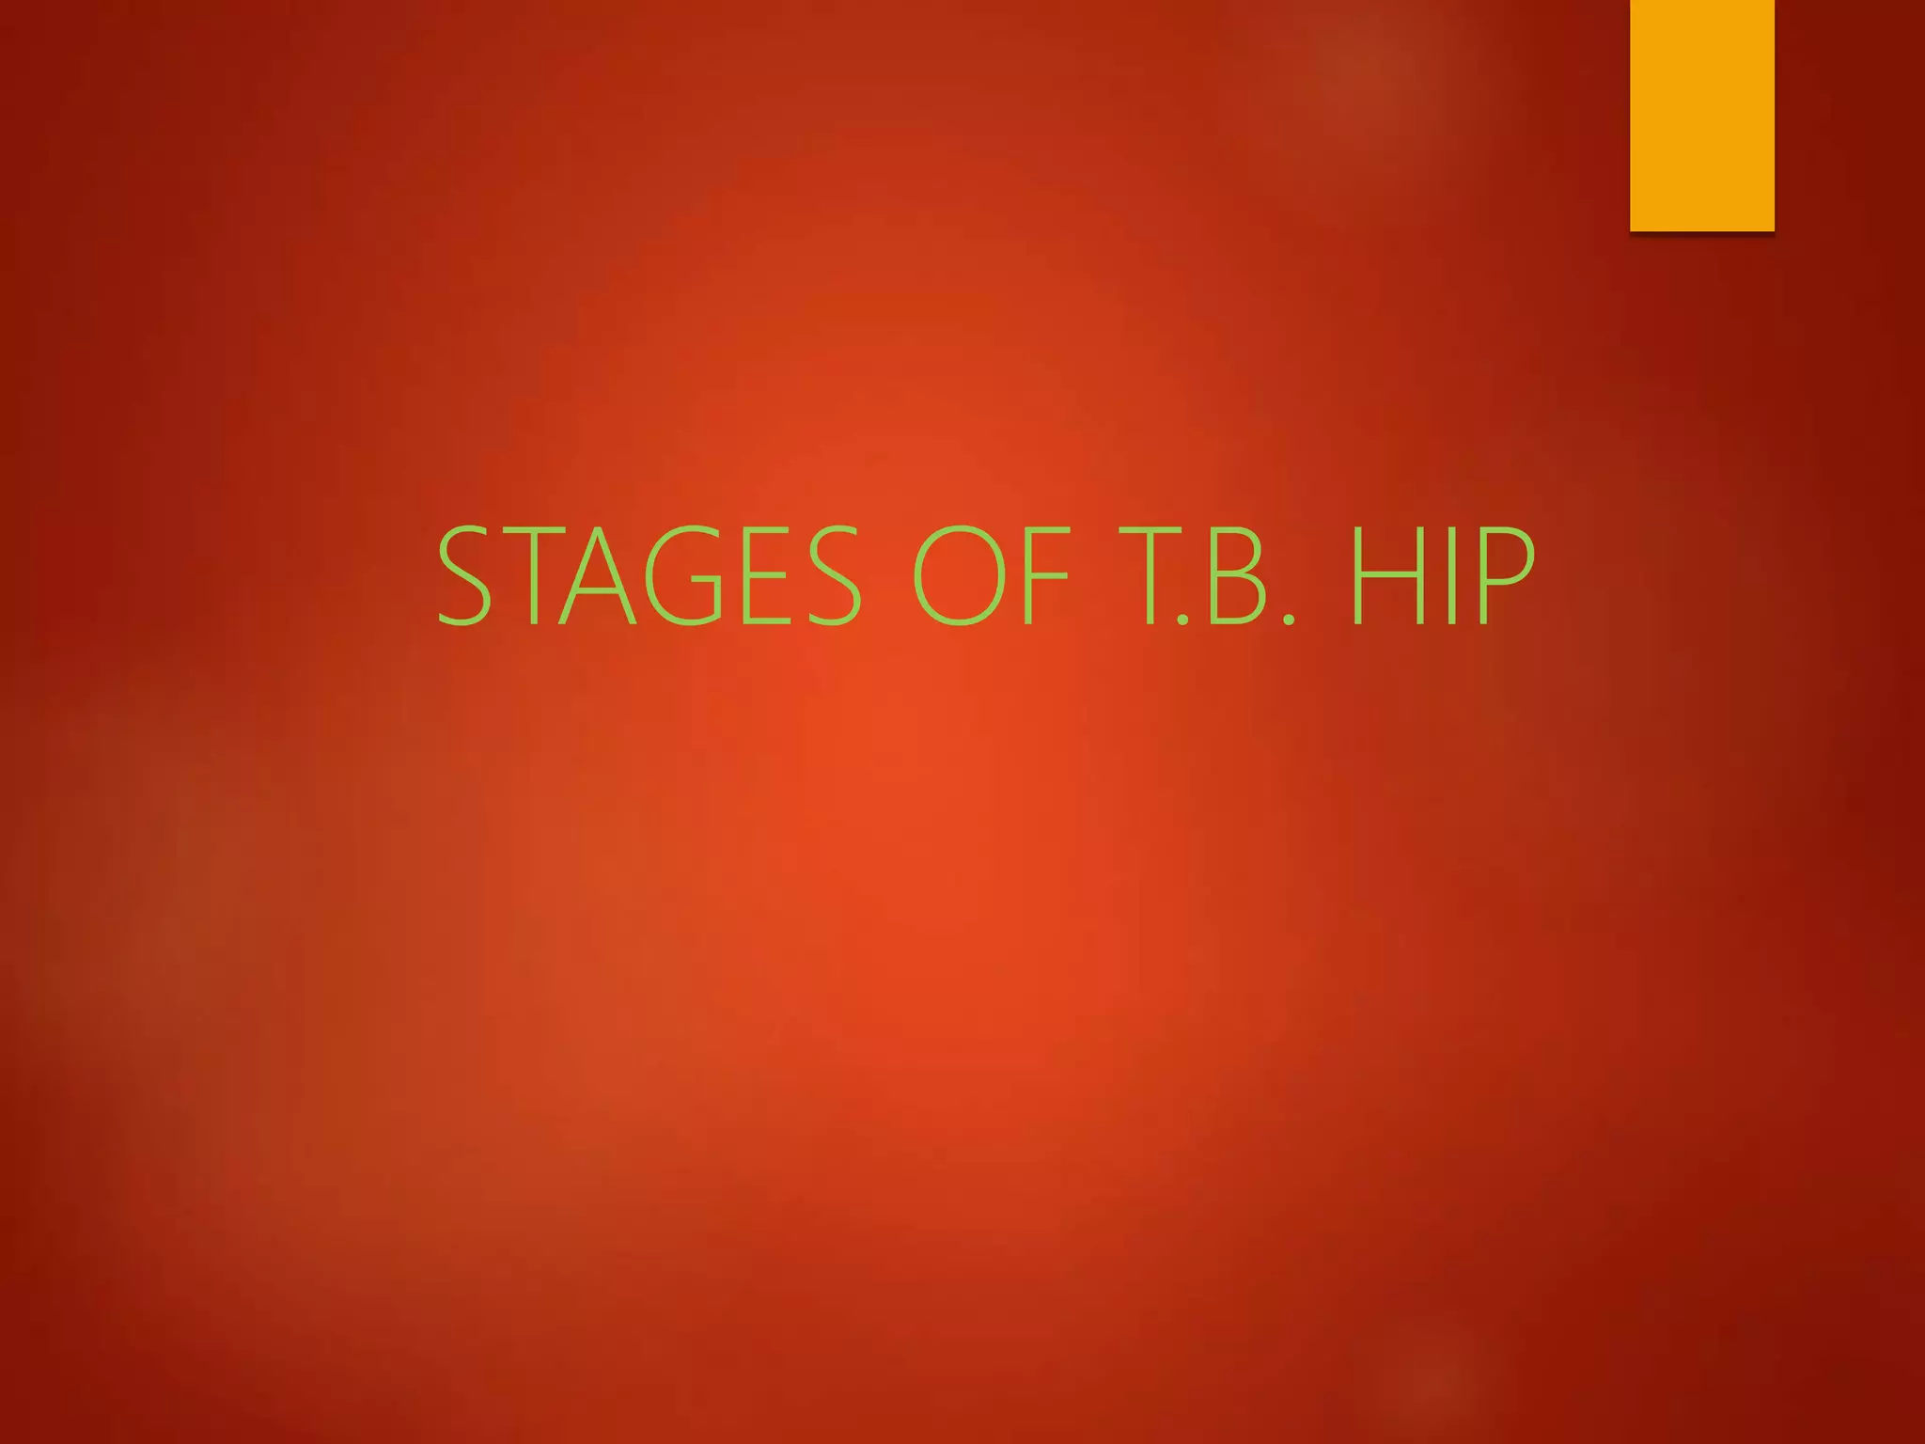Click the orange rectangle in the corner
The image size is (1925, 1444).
point(1701,115)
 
